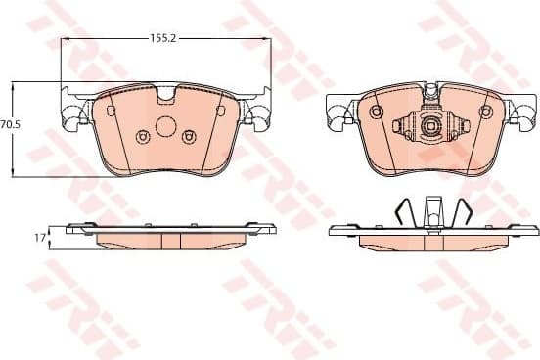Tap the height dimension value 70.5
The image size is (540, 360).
click(11, 125)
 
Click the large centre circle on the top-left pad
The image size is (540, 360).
click(165, 126)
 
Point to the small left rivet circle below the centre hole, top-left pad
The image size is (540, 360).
click(142, 137)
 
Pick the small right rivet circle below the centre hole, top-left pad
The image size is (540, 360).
click(190, 137)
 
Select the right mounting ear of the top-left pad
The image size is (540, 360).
click(258, 112)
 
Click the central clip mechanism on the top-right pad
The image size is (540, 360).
click(430, 126)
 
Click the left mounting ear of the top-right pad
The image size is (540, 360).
click(337, 112)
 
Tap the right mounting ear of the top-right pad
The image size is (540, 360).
click(524, 112)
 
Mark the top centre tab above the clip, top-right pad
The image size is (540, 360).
click(430, 92)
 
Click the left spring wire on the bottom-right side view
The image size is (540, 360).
click(403, 212)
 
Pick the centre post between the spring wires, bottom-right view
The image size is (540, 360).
click(431, 210)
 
